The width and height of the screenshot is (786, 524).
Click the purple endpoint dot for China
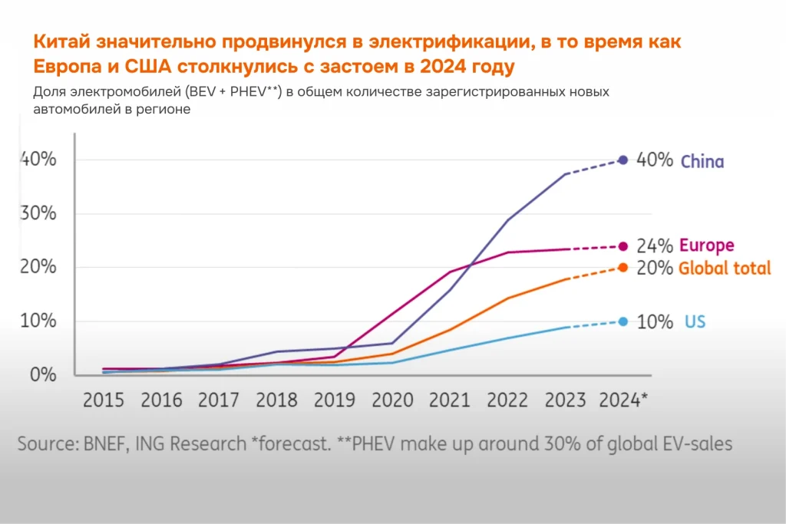pos(623,160)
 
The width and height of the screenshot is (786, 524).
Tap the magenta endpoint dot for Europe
pos(623,246)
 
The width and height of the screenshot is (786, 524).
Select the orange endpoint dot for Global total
pos(623,268)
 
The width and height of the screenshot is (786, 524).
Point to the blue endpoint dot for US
pos(623,321)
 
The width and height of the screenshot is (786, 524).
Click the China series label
pos(702,162)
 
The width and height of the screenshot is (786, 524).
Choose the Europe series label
pos(706,246)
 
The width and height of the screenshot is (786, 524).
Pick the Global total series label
pos(725,269)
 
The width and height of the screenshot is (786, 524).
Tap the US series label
pos(695,322)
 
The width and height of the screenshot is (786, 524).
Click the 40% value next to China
pos(655,161)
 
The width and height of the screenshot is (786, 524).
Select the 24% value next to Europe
pos(655,246)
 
